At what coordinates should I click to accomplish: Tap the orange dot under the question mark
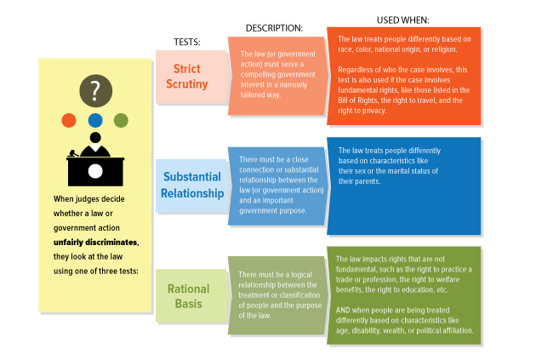69,120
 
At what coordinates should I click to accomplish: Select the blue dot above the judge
95,120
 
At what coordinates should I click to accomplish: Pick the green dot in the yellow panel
121,120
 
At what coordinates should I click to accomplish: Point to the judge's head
95,138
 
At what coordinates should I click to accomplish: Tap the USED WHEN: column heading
402,19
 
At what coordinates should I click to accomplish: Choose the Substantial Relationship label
193,185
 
